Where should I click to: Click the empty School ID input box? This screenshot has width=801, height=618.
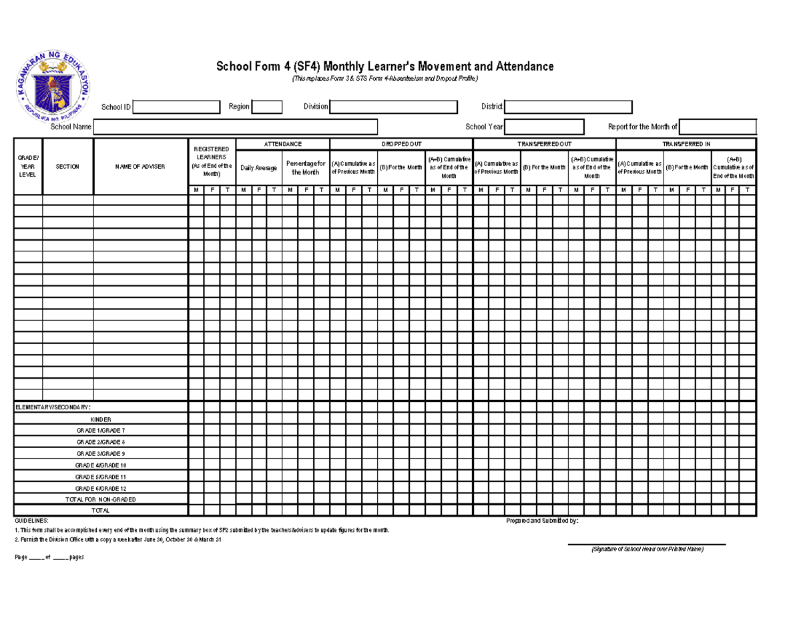(x=176, y=107)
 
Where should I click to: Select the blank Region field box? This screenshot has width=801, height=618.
(x=267, y=107)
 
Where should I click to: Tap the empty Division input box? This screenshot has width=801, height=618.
(x=393, y=107)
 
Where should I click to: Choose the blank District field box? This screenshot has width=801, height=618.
(x=568, y=107)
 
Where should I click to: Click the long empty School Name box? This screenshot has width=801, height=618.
(x=236, y=127)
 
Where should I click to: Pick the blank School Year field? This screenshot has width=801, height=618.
(x=544, y=127)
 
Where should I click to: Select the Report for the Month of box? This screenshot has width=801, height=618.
(x=718, y=127)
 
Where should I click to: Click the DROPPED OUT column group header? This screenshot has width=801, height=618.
(x=401, y=144)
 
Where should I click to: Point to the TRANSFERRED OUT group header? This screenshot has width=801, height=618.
(x=544, y=144)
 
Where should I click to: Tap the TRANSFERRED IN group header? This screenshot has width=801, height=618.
(x=686, y=144)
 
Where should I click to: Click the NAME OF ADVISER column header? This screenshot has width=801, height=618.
(x=140, y=167)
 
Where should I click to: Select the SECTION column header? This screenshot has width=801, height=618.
(x=67, y=167)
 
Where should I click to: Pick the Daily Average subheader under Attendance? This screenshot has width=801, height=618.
(x=258, y=168)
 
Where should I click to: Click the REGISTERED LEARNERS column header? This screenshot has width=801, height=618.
(x=212, y=161)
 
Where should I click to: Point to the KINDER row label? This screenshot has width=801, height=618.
(x=101, y=419)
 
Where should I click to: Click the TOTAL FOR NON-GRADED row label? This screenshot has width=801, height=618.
(x=101, y=499)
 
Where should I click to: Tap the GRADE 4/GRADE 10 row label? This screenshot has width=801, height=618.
(x=101, y=465)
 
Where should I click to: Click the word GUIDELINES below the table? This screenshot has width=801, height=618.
(x=31, y=520)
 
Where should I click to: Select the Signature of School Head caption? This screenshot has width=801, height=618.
(x=647, y=549)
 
